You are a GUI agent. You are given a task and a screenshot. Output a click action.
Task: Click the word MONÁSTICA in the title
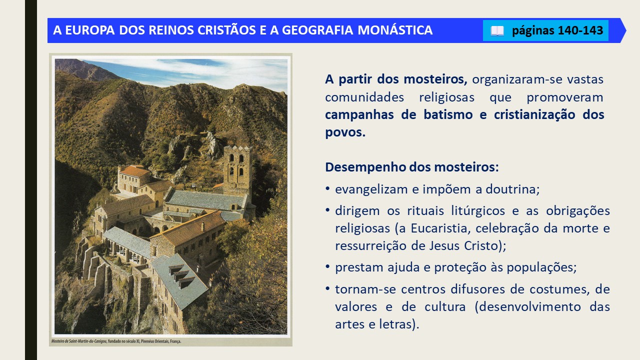[395, 30]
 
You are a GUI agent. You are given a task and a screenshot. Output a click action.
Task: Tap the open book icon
[497, 31]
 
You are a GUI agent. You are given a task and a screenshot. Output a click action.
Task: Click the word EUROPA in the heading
[89, 30]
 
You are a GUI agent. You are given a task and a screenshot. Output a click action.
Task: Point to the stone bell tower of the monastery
[237, 168]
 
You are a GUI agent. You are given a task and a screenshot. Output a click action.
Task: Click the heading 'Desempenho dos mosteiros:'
[411, 167]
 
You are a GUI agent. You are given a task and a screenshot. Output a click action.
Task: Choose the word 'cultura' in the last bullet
[445, 307]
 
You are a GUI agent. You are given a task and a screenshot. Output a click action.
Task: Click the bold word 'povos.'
[345, 132]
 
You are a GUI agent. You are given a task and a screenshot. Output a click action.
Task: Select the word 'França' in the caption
[175, 341]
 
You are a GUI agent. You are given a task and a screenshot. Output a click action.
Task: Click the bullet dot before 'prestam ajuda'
[327, 267]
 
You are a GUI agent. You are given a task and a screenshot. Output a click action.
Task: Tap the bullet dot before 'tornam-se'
[327, 289]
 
